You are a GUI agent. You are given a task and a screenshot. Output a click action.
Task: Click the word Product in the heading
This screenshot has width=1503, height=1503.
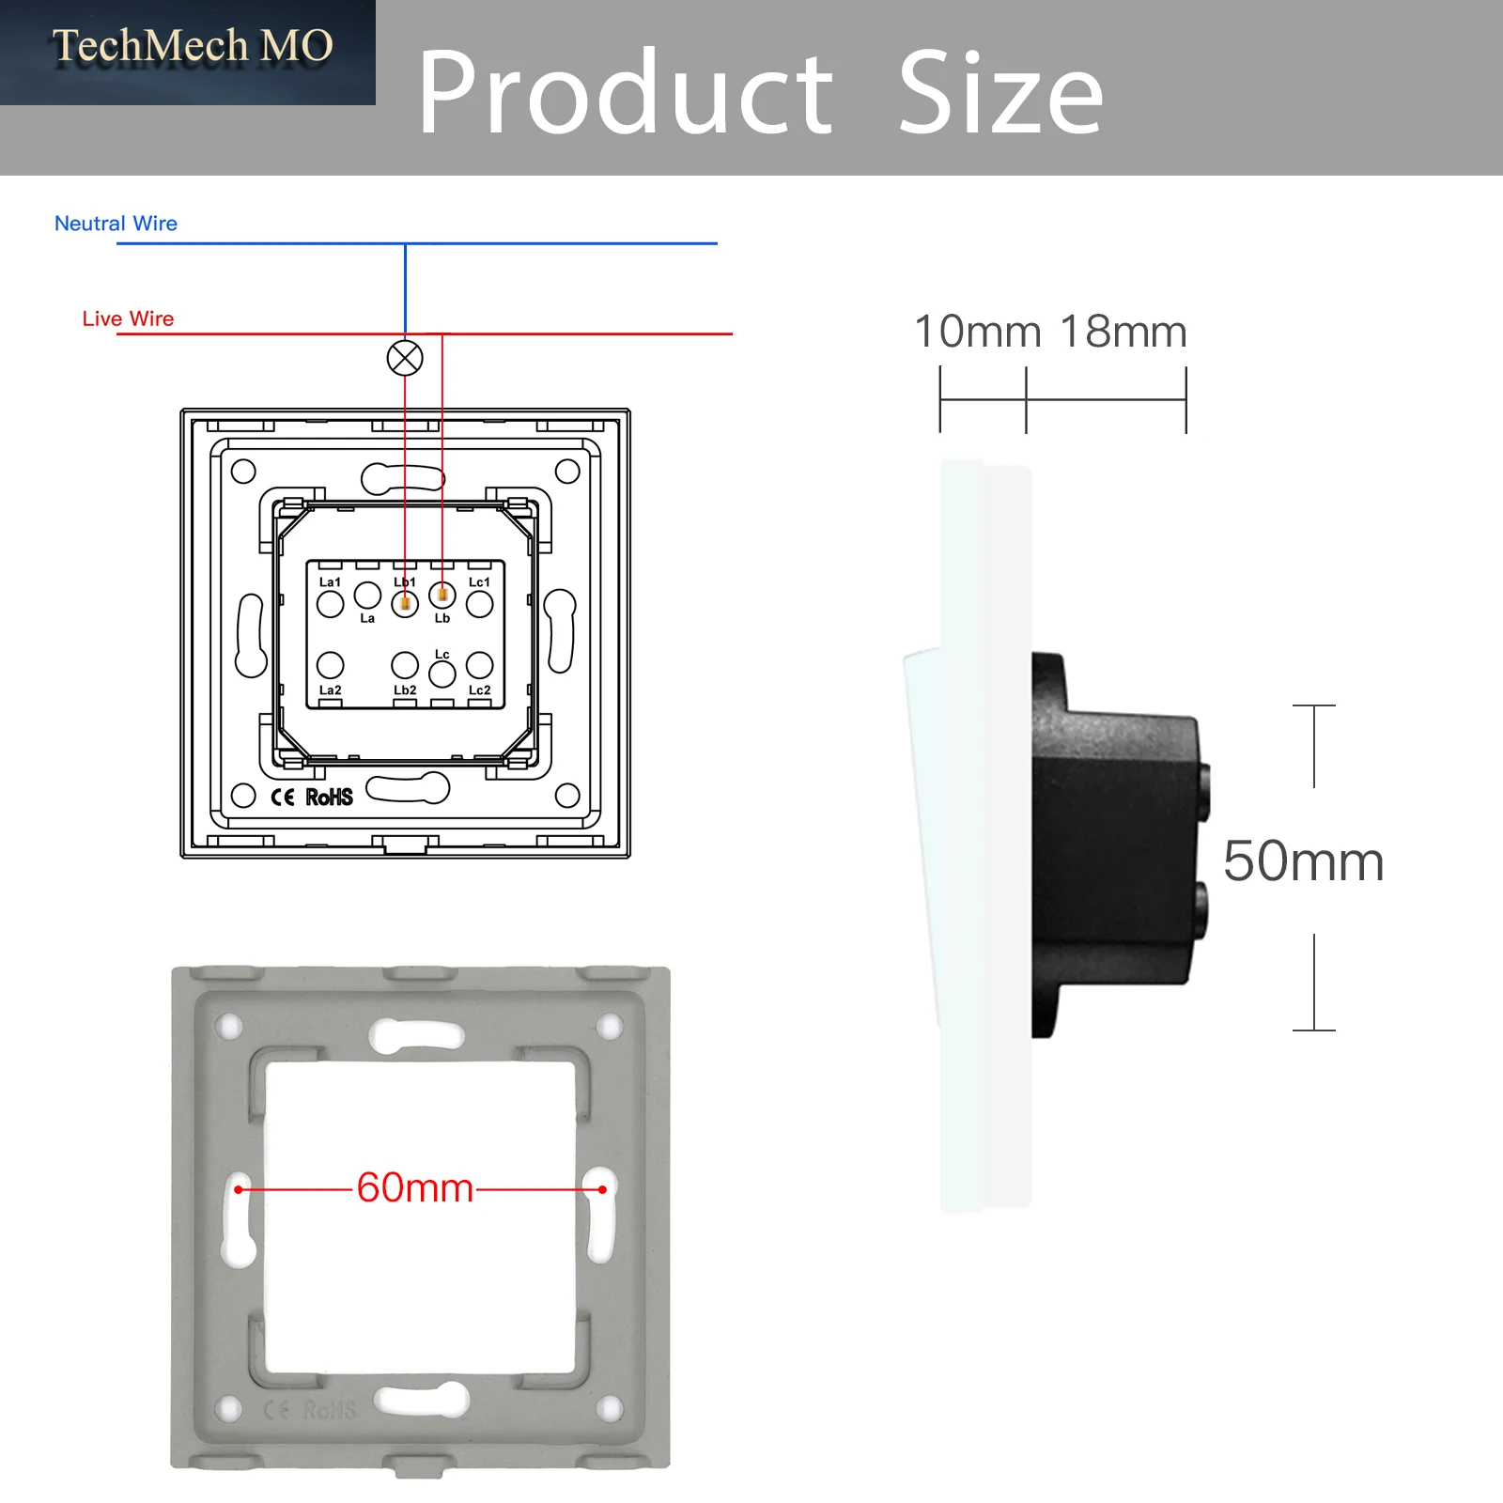(x=626, y=93)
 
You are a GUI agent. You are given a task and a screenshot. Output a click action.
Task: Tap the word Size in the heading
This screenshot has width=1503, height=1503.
(x=1000, y=91)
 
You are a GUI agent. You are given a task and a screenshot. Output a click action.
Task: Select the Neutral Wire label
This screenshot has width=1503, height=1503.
(x=116, y=224)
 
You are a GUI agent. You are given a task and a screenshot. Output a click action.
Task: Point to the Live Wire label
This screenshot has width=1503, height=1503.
(x=128, y=318)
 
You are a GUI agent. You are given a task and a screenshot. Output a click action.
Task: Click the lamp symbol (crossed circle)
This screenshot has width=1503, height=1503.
(x=405, y=358)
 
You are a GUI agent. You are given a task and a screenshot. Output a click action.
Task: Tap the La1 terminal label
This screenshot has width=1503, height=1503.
(x=330, y=582)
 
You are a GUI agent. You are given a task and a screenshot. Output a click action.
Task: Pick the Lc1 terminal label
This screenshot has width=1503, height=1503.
(x=479, y=582)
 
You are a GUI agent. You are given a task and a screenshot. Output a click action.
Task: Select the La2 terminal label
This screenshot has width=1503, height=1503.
(x=330, y=690)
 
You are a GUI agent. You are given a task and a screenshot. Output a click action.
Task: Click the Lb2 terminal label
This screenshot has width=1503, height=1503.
(x=405, y=690)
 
